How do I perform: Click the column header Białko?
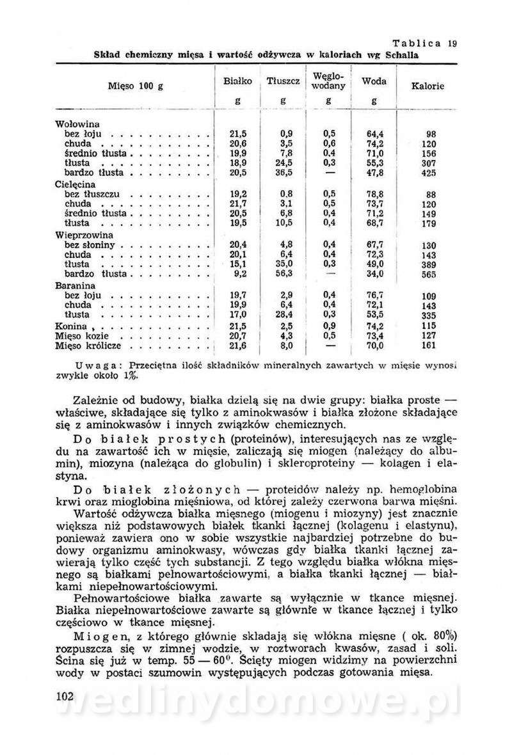(x=236, y=82)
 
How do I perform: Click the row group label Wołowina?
(x=74, y=124)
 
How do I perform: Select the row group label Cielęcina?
(x=74, y=183)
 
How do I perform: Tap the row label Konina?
(x=70, y=326)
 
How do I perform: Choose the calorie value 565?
(x=428, y=274)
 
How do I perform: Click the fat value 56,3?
(x=282, y=274)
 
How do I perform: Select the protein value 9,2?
(x=238, y=274)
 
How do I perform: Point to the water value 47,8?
(x=374, y=173)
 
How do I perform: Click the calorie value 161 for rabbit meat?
(x=428, y=346)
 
